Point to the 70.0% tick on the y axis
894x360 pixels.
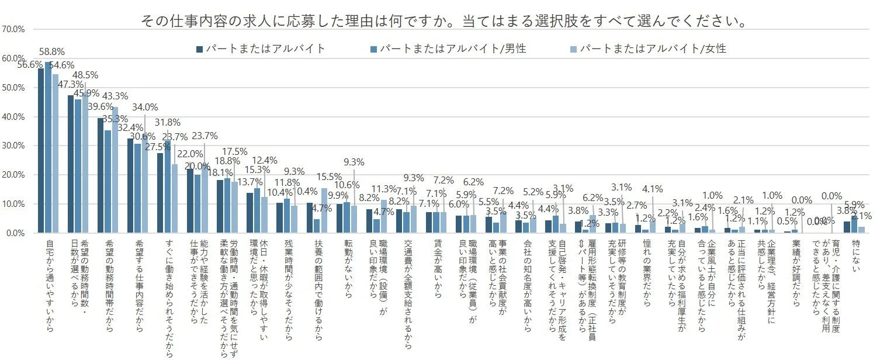click(12, 29)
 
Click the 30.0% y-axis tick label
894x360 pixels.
click(12, 146)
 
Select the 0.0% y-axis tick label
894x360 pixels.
click(13, 233)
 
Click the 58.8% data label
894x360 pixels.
click(52, 52)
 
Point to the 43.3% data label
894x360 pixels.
click(116, 96)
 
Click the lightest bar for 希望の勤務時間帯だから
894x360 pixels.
click(115, 170)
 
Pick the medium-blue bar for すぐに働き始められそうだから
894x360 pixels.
click(168, 187)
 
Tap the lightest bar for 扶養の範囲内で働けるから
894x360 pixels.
click(324, 210)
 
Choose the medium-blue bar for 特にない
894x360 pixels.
click(854, 224)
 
